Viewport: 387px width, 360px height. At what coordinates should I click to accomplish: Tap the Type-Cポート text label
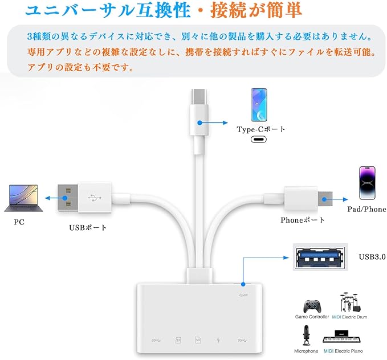point(261,129)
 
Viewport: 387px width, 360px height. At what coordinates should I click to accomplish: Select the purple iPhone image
point(366,182)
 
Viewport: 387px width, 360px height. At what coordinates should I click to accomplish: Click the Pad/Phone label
point(366,209)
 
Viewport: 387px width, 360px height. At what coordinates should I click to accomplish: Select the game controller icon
point(312,304)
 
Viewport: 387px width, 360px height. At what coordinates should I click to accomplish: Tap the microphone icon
point(306,337)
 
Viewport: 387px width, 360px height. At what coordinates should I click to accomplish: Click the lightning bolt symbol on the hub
point(218,341)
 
